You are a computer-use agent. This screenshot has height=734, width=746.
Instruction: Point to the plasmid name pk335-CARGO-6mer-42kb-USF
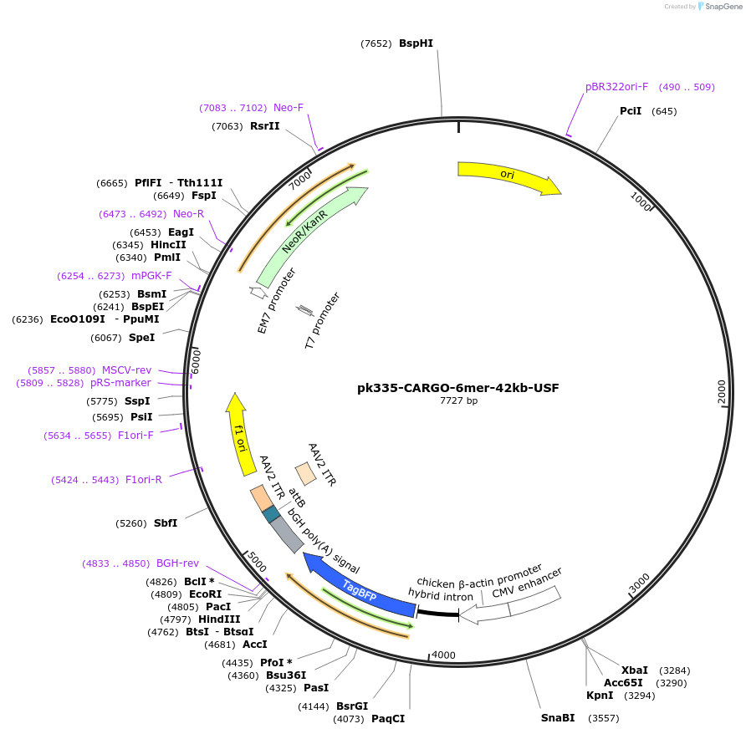point(458,388)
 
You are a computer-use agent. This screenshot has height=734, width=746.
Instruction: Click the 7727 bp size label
point(458,401)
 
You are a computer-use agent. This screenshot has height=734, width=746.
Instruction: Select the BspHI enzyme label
point(416,43)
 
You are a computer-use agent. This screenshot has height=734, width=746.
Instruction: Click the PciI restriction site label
point(631,111)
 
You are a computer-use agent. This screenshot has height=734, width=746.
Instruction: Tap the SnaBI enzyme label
point(558,718)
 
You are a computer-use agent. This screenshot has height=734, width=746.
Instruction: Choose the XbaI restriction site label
point(634,670)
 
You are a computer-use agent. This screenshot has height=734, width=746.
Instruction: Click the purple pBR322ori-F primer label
point(616,87)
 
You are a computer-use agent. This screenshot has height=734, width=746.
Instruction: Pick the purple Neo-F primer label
point(289,108)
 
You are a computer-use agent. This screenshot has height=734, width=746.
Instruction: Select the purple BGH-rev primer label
point(177,563)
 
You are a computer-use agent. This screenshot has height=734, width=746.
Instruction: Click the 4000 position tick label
point(443,655)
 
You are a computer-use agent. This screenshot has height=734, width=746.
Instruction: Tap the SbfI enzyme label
point(166,523)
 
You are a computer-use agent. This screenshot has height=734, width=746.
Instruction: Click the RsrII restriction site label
point(264,126)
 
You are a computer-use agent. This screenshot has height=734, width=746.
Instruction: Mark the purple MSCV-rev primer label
point(126,370)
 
